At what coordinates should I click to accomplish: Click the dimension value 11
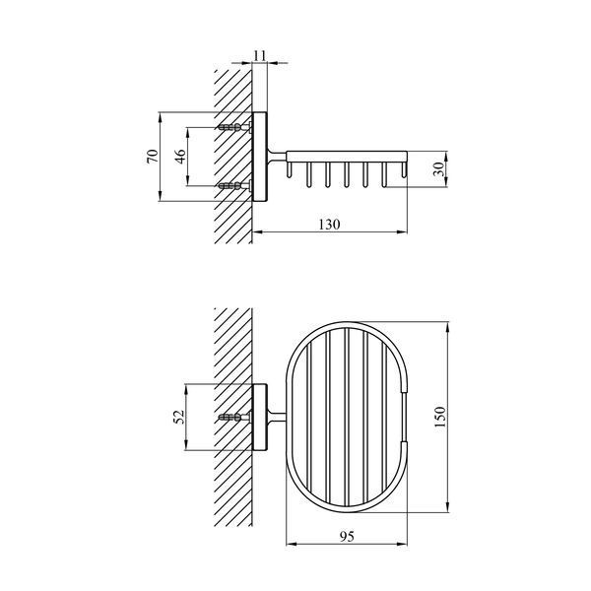(x=260, y=55)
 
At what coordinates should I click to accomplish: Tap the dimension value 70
(x=153, y=156)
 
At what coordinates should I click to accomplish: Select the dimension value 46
(x=180, y=156)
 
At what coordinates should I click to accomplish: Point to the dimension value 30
(x=438, y=168)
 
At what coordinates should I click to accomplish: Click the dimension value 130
(x=329, y=225)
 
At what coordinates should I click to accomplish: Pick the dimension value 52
(x=179, y=417)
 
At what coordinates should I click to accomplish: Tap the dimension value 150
(x=439, y=417)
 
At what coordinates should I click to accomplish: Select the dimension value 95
(x=347, y=536)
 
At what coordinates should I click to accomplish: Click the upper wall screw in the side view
(x=235, y=127)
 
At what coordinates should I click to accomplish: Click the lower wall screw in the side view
(x=235, y=185)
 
